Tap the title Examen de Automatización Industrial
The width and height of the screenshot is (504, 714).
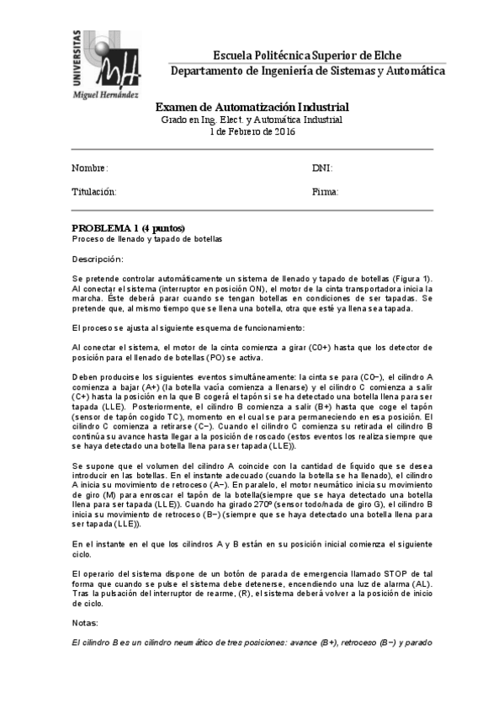252,108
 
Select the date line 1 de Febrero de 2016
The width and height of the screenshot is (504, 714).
252,131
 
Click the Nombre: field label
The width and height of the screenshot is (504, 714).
89,168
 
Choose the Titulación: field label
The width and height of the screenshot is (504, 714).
93,192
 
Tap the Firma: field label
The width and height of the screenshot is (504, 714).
325,192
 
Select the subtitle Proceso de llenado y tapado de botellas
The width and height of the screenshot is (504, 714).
146,239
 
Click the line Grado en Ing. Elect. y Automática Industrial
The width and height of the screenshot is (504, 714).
252,120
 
